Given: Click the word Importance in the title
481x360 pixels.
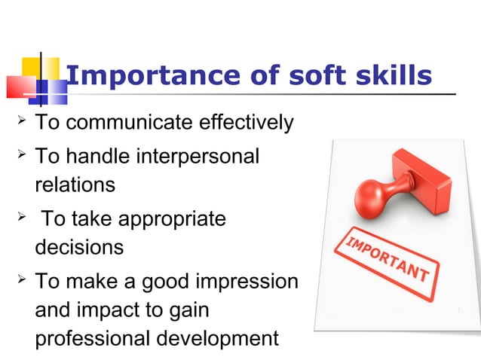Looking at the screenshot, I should click(139, 76).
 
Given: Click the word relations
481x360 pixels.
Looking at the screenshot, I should click(75, 184).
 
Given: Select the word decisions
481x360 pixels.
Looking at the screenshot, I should click(79, 247).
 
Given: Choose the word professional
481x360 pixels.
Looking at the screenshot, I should click(92, 338).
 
